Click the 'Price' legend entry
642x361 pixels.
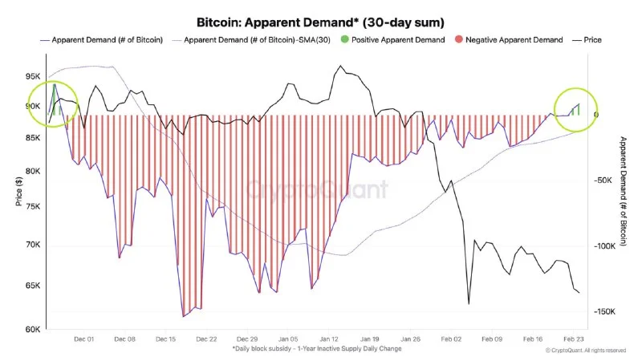point(591,39)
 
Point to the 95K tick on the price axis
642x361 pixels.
point(34,76)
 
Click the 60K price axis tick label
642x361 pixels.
point(34,329)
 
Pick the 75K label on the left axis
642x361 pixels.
point(34,206)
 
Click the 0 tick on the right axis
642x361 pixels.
point(596,115)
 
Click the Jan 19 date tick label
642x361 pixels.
point(370,339)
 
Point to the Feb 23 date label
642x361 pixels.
point(574,339)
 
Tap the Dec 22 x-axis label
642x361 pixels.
point(207,339)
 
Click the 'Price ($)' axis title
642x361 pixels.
point(18,191)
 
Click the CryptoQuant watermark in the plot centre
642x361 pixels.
point(317,190)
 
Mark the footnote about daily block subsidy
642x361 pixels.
point(317,349)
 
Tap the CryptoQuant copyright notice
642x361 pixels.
point(585,351)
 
